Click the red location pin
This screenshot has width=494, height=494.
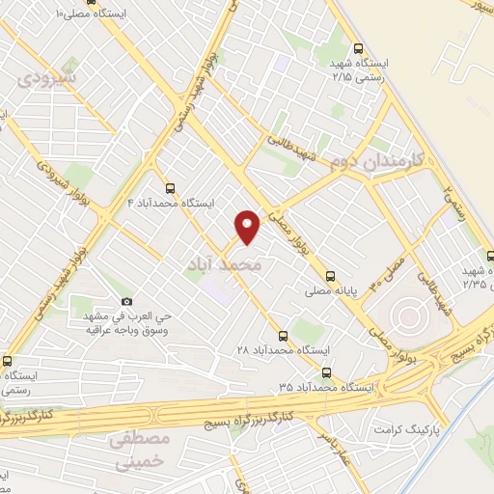click(249, 226)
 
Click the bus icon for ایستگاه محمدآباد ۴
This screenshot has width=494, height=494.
click(171, 189)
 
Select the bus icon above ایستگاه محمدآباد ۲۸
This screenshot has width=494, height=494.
click(283, 335)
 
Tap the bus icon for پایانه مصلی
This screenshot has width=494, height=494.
click(331, 275)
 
